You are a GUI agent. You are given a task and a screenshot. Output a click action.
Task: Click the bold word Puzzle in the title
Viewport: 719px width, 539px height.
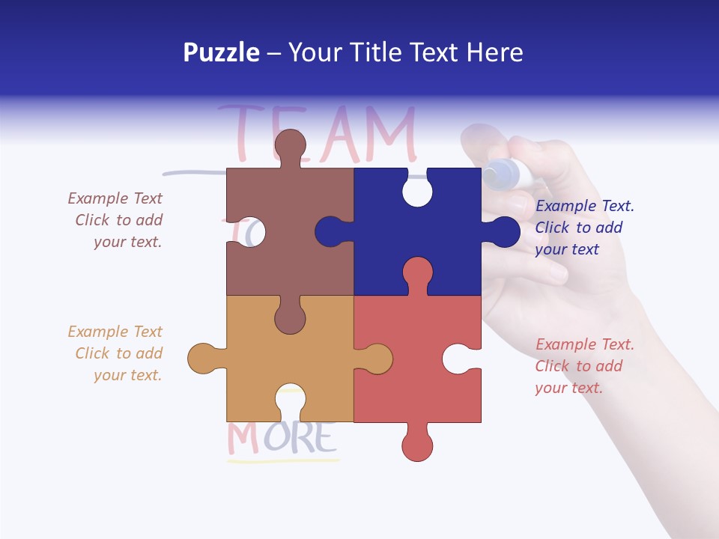click(x=221, y=53)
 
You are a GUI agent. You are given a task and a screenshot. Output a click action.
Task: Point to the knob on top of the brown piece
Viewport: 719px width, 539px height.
click(x=290, y=144)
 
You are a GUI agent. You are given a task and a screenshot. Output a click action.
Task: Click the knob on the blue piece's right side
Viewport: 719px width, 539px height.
click(x=503, y=232)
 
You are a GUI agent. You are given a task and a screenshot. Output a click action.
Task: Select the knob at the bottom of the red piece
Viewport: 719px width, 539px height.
click(x=417, y=446)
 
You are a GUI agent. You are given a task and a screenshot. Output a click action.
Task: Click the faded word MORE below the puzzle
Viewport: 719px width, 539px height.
click(x=281, y=438)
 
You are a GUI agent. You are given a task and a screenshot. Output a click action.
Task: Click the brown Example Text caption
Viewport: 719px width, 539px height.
click(x=116, y=220)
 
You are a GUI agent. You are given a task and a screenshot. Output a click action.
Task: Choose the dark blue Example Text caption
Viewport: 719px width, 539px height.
click(x=584, y=228)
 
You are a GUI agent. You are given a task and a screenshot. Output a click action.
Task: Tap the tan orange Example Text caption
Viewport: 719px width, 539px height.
click(x=116, y=353)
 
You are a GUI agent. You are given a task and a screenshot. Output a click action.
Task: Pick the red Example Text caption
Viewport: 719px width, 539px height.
click(x=584, y=366)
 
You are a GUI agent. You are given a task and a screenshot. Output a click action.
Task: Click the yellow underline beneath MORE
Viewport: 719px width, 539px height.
click(x=282, y=460)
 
